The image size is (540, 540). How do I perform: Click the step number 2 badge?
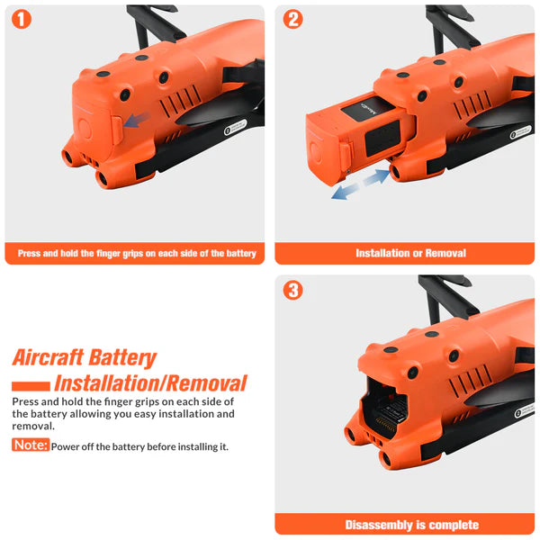click(293, 20)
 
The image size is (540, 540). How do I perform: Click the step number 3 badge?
click(293, 290)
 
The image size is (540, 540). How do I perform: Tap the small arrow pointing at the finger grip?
click(138, 120)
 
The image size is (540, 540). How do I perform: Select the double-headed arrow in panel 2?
click(360, 184)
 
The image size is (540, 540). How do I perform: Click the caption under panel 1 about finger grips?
click(137, 254)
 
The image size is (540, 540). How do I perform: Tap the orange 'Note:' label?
click(31, 445)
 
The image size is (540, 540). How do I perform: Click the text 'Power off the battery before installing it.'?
click(139, 446)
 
